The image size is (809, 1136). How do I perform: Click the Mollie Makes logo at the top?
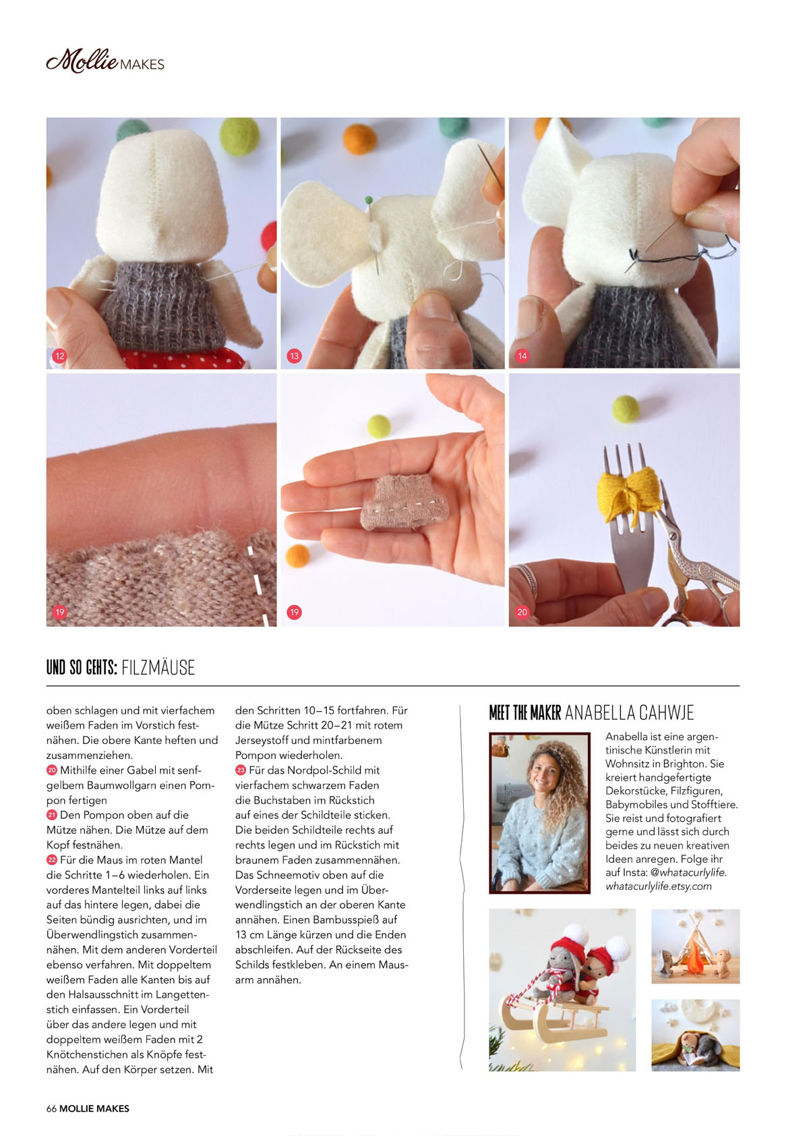(105, 61)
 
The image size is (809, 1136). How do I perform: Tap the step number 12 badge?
(60, 356)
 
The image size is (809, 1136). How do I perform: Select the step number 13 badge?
(294, 356)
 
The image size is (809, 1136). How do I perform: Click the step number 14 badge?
(522, 356)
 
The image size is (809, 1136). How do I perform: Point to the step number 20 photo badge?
(522, 612)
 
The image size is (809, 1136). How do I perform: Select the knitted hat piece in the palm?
(404, 503)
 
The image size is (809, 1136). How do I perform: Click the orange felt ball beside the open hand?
(297, 556)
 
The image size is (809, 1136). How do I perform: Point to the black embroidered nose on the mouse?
(633, 256)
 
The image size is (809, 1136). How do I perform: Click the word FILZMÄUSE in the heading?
(158, 667)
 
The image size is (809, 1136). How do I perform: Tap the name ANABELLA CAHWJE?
(629, 712)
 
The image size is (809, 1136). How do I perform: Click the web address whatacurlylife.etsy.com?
(659, 886)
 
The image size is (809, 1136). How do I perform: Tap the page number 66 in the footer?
(51, 1108)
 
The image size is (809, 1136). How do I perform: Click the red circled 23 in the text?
(240, 770)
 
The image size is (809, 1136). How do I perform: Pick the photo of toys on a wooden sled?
(562, 990)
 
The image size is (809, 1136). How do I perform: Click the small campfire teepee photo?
(696, 946)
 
